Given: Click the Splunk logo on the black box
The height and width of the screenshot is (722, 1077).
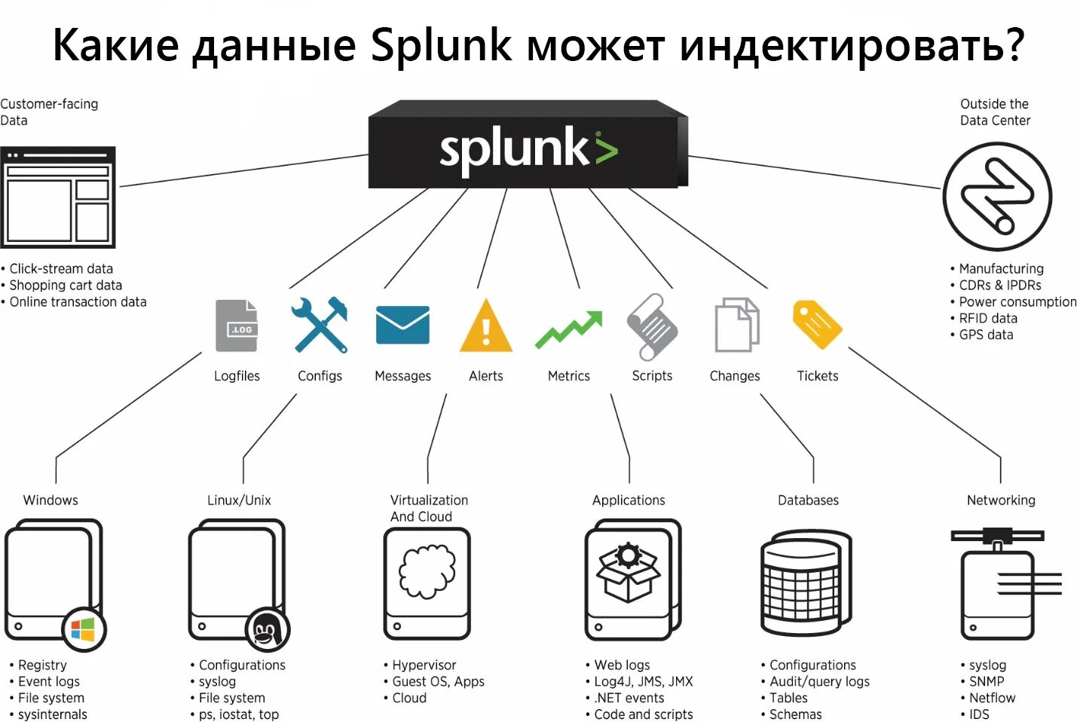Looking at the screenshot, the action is click(528, 148).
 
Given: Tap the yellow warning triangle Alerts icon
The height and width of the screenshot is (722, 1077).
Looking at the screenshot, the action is click(486, 327).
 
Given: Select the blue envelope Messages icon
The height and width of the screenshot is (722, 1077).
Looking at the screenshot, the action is click(402, 325).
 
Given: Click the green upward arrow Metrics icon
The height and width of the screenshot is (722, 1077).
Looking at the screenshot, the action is click(569, 329).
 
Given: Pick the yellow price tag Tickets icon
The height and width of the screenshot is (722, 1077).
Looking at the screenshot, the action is click(817, 325).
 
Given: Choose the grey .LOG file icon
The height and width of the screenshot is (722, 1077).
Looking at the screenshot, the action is click(237, 326).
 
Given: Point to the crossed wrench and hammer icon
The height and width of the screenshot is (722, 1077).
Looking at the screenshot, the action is click(320, 325).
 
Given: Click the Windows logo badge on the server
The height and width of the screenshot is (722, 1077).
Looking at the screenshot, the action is click(83, 629).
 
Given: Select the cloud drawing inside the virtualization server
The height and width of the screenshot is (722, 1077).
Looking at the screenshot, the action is click(427, 571).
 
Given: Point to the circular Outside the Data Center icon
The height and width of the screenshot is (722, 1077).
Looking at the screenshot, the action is click(997, 197).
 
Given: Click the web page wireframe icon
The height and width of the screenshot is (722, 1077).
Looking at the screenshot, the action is click(58, 197).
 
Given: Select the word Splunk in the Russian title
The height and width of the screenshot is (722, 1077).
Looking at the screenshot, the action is click(441, 45).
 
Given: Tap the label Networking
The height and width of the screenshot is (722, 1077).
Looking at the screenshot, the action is click(1001, 500).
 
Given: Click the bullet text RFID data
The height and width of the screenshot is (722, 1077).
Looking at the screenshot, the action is click(987, 318).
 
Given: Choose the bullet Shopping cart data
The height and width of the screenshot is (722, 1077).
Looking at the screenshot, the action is click(66, 285).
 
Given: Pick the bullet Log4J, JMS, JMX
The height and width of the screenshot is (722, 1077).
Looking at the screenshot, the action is click(643, 681).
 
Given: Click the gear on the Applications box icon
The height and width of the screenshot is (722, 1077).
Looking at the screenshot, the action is click(627, 556).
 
